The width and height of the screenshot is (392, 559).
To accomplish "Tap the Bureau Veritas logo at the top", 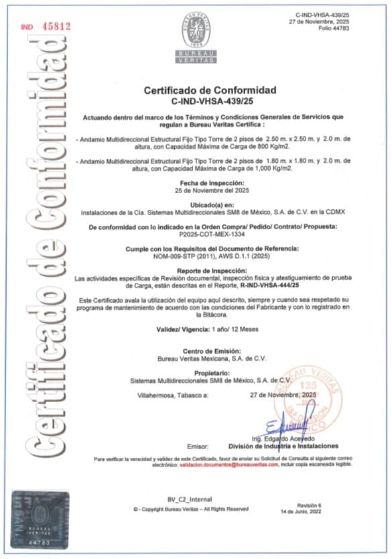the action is tap(196, 37).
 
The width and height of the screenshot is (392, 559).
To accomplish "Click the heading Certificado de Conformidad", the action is tap(210, 90).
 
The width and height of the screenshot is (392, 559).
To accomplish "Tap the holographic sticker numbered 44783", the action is tap(42, 517).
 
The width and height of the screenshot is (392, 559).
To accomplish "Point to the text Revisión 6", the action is tap(310, 504).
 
